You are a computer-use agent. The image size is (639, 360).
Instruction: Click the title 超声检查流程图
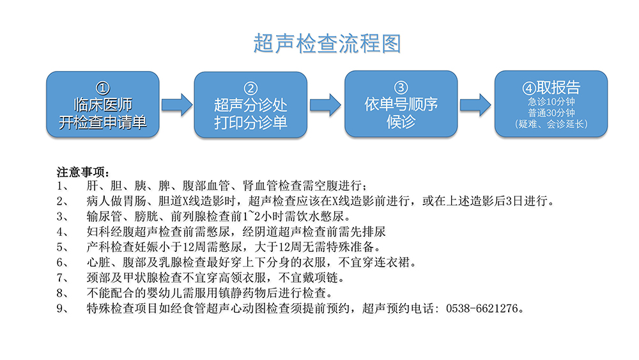[327, 43]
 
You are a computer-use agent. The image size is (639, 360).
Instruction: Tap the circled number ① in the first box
[103, 88]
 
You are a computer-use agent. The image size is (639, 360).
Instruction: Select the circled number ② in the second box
[250, 88]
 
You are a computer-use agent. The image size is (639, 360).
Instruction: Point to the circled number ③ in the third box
[401, 87]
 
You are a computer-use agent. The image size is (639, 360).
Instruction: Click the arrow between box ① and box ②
[176, 105]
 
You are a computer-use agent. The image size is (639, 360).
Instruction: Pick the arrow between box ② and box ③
[325, 105]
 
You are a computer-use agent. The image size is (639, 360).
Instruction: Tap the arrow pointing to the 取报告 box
[475, 105]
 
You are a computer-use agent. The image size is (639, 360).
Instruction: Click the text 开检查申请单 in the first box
[103, 122]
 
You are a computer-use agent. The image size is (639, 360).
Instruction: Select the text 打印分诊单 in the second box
[250, 123]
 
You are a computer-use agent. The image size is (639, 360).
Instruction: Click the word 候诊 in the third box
[401, 121]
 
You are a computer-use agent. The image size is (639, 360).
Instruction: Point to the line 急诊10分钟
[551, 102]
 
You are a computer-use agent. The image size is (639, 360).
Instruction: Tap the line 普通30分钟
[551, 113]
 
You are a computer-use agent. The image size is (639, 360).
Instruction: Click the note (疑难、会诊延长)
[551, 124]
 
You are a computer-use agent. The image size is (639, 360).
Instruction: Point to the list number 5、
[63, 247]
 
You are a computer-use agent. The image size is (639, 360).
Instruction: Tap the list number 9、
[63, 309]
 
